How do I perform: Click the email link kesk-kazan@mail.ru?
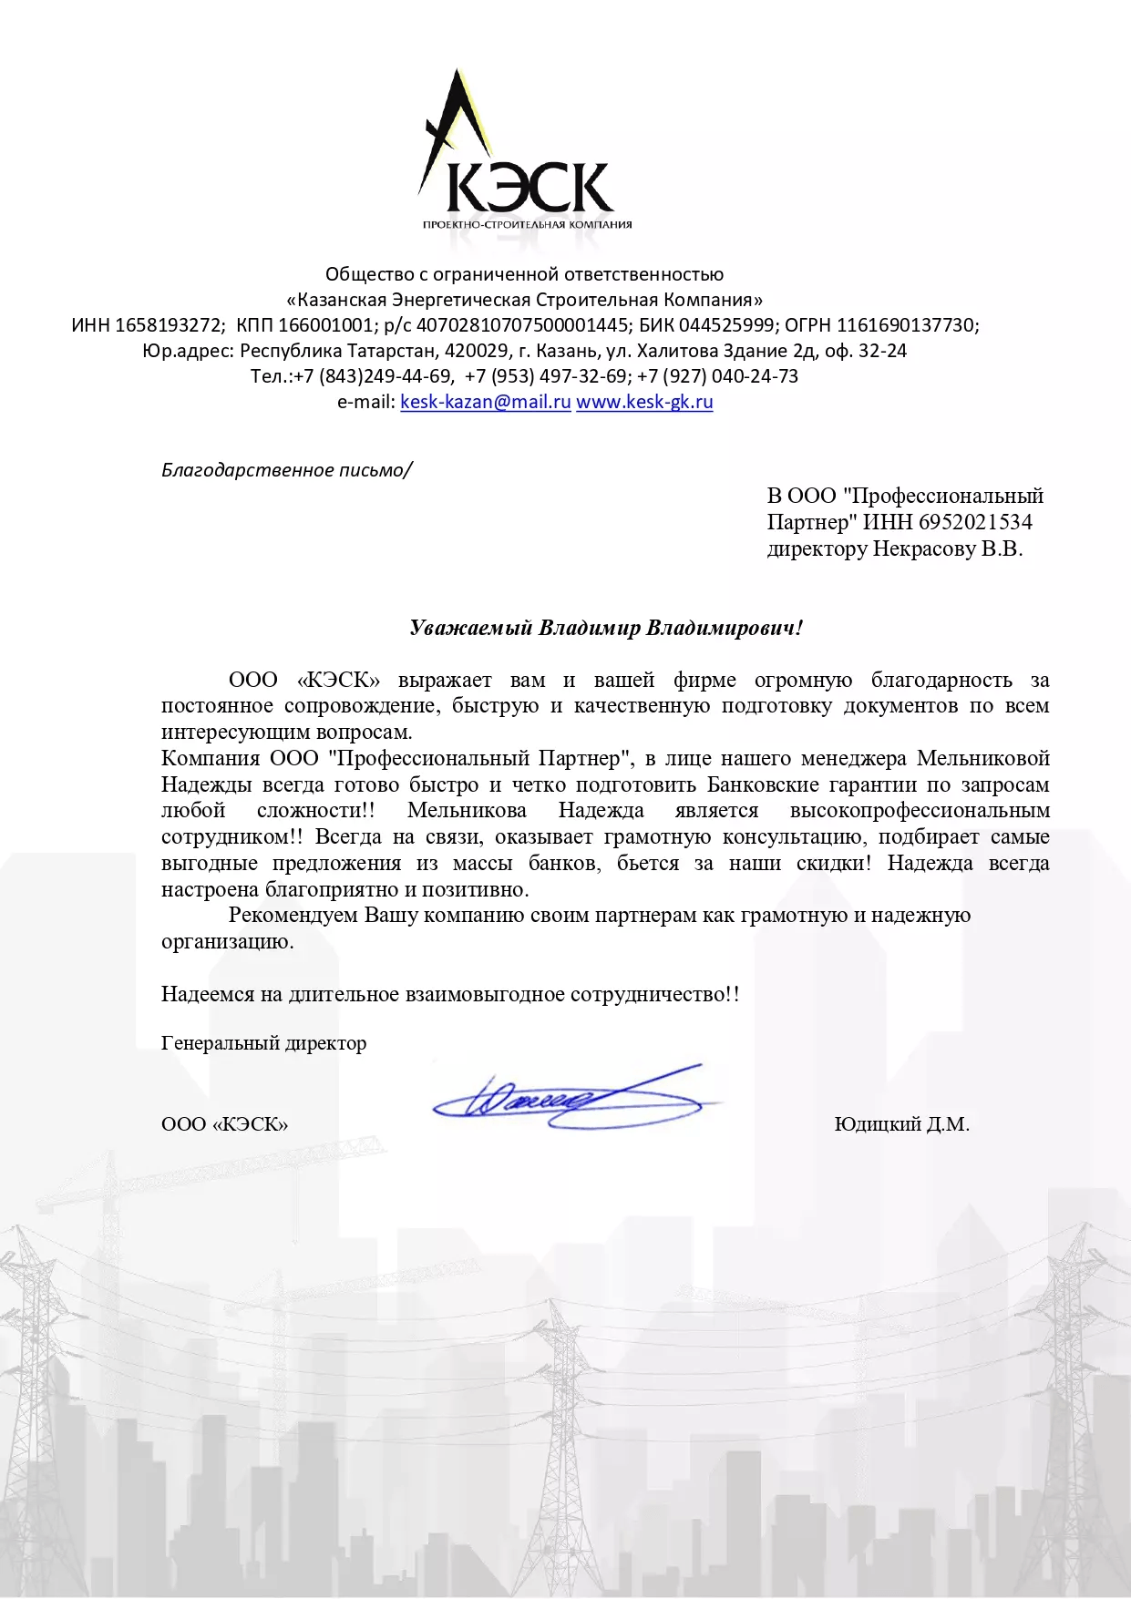pos(485,402)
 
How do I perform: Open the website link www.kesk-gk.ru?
pos(644,402)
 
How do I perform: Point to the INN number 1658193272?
pos(169,325)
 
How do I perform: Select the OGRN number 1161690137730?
pos(907,325)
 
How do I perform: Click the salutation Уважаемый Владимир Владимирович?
pos(606,628)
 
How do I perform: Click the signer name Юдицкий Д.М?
pos(901,1124)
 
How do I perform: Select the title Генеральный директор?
pos(263,1043)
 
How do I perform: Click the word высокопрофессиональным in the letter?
pos(920,811)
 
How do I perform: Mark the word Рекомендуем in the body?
pos(293,916)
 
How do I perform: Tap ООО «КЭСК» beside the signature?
pos(224,1124)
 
